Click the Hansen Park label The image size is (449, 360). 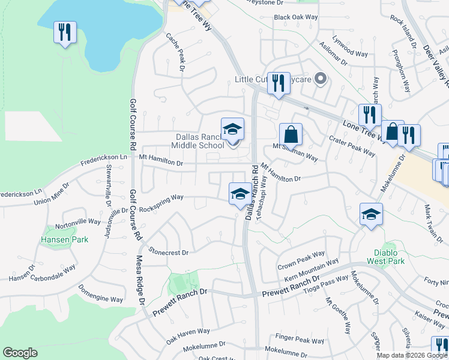[64, 239]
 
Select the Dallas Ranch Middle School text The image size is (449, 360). [190, 140]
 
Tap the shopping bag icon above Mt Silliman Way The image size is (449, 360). [291, 134]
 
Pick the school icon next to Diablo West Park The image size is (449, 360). [371, 214]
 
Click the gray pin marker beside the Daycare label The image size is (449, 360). [321, 79]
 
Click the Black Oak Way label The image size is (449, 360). [295, 17]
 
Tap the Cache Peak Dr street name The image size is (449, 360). [178, 50]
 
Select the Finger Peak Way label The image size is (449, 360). [300, 340]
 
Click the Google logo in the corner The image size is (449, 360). [20, 353]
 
